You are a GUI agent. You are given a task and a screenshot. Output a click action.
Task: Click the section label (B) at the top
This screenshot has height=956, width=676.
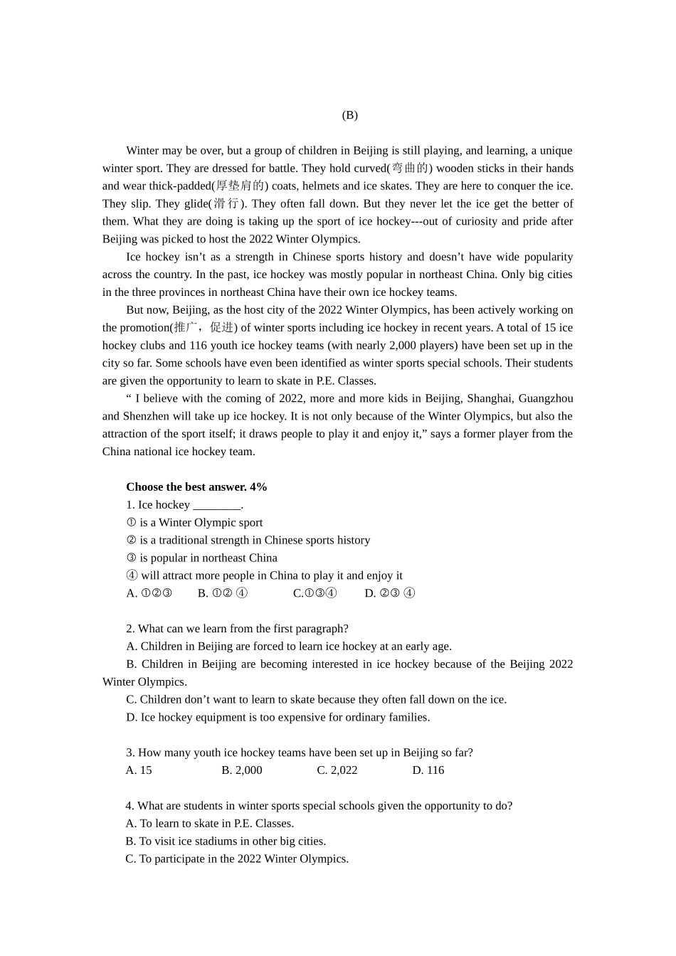[x=349, y=115]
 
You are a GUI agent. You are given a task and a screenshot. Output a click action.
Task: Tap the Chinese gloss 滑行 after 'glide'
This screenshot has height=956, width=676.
[x=227, y=204]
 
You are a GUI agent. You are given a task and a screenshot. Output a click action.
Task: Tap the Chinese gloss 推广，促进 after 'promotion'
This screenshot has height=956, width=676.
[x=204, y=328]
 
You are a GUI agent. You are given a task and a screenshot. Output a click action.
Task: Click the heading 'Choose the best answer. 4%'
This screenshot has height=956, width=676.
[x=196, y=487]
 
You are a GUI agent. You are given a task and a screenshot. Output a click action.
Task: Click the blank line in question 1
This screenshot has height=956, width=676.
[x=217, y=506]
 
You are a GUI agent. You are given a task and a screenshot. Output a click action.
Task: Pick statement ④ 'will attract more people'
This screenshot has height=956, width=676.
[x=264, y=575]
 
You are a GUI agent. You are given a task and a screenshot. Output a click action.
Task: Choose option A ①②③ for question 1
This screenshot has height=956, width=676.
[x=149, y=593]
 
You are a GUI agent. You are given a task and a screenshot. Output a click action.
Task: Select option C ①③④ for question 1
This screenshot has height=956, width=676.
[x=315, y=593]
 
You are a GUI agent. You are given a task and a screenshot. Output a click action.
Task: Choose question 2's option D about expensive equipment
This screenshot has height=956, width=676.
[x=278, y=717]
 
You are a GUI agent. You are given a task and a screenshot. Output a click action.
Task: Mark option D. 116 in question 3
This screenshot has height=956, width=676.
[x=428, y=770]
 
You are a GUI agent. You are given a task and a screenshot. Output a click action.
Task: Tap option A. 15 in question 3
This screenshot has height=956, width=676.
[x=139, y=770]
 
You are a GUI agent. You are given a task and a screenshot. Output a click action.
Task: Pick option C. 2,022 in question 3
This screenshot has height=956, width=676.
[x=337, y=770]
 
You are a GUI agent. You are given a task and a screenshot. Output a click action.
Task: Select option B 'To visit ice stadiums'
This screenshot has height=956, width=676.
[x=226, y=841]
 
